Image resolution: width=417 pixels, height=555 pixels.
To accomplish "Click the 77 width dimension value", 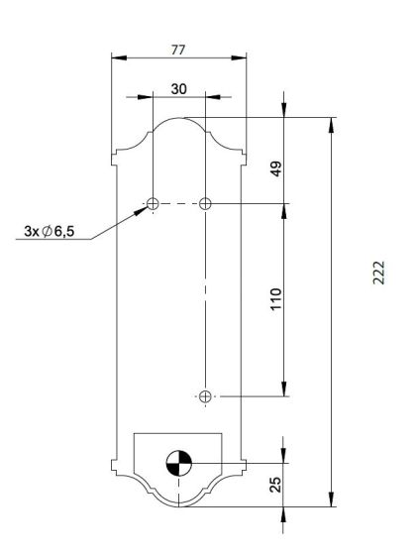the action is (x=178, y=50).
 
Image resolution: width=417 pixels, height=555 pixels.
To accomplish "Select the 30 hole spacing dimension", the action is (x=178, y=89).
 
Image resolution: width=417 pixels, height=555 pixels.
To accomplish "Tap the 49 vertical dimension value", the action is (x=276, y=168).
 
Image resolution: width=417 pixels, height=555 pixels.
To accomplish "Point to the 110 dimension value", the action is (x=276, y=299).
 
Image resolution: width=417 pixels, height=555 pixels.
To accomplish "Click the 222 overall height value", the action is (x=378, y=273).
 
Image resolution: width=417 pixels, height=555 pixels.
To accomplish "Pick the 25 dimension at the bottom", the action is (x=276, y=485).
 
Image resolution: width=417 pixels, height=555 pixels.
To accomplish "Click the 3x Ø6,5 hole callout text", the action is (x=50, y=231).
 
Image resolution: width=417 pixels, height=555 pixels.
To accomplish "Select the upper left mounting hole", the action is (x=153, y=203).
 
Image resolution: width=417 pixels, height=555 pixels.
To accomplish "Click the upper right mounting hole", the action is (x=205, y=203).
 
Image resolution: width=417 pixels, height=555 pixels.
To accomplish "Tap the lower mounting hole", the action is (x=205, y=396).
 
